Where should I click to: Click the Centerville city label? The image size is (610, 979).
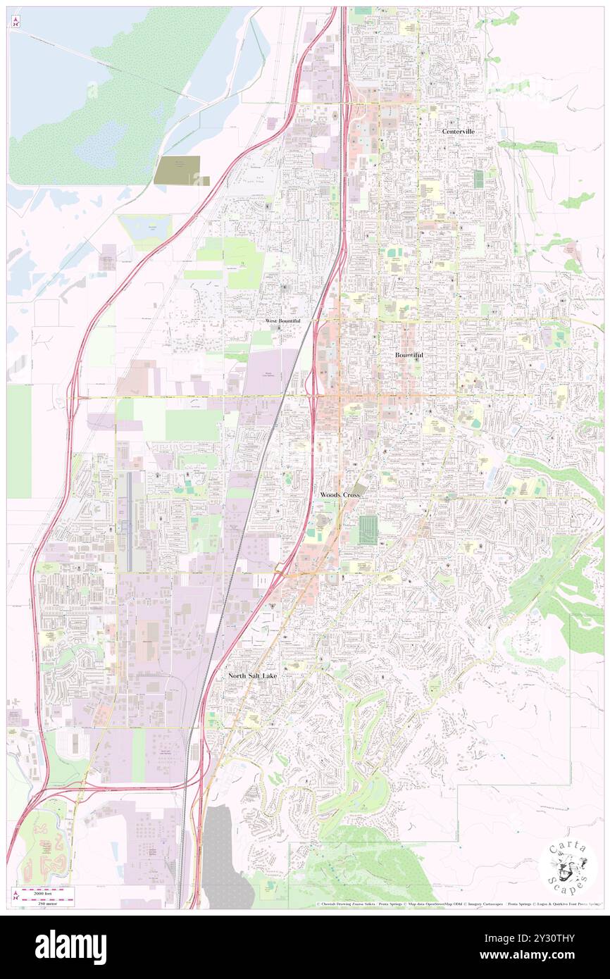pyautogui.click(x=458, y=131)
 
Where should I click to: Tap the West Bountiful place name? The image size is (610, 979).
pyautogui.click(x=282, y=320)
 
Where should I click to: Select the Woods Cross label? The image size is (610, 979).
pyautogui.click(x=340, y=495)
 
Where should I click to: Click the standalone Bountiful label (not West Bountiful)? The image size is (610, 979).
pyautogui.click(x=409, y=356)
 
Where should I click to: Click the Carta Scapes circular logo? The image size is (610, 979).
pyautogui.click(x=568, y=867)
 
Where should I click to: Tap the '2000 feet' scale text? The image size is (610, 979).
pyautogui.click(x=46, y=891)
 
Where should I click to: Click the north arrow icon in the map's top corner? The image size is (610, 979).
pyautogui.click(x=15, y=21)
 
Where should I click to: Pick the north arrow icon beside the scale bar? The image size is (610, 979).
pyautogui.click(x=15, y=896)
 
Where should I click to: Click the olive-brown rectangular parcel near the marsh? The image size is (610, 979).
pyautogui.click(x=181, y=170)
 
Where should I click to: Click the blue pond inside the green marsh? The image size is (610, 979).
pyautogui.click(x=101, y=144)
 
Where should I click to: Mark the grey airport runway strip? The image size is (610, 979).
pyautogui.click(x=127, y=521)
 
